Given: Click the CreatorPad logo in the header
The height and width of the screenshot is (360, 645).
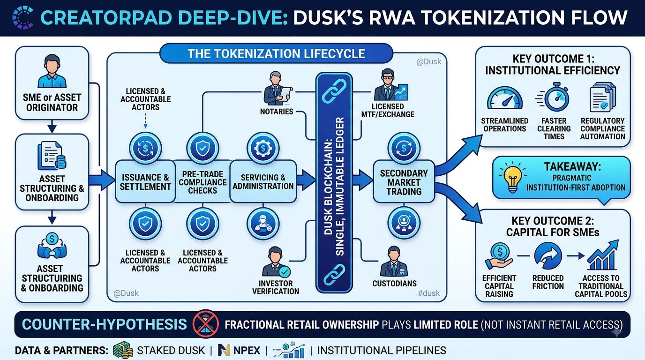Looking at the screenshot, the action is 23,18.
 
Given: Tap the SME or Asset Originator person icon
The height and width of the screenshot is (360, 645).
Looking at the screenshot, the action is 52,71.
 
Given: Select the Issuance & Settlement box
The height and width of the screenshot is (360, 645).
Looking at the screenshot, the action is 145,181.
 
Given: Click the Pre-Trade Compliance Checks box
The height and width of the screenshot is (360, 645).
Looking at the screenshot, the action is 202,181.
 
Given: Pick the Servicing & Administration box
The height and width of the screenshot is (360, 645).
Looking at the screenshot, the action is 263,181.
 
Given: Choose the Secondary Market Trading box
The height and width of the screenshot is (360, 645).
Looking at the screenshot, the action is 404,182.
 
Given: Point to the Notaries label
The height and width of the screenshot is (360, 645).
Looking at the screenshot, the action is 277,112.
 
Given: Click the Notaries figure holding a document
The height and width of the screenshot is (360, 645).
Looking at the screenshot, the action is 277,88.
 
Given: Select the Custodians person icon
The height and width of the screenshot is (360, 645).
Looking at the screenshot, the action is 394,262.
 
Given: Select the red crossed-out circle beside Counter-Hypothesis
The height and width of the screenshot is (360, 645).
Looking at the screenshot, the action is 206,324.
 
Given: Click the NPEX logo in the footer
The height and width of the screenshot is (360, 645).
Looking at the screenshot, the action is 239,350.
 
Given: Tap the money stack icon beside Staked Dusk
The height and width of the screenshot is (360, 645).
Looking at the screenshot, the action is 123,350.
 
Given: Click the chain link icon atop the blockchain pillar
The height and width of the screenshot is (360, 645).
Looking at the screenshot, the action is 334,91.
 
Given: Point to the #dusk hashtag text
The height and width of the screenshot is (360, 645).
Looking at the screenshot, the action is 429,293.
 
